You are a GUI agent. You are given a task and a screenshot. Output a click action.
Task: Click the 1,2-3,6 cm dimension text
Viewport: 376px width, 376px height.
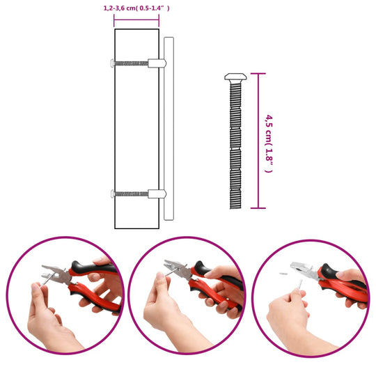click(136, 8)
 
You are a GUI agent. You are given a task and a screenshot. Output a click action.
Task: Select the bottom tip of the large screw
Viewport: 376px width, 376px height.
click(234, 207)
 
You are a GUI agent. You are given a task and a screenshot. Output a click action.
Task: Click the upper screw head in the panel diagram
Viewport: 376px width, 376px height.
click(113, 63)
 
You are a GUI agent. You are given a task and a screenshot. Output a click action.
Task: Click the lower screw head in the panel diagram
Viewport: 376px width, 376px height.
click(113, 194)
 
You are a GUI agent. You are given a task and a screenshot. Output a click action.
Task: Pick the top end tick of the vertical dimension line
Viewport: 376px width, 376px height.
click(259, 74)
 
